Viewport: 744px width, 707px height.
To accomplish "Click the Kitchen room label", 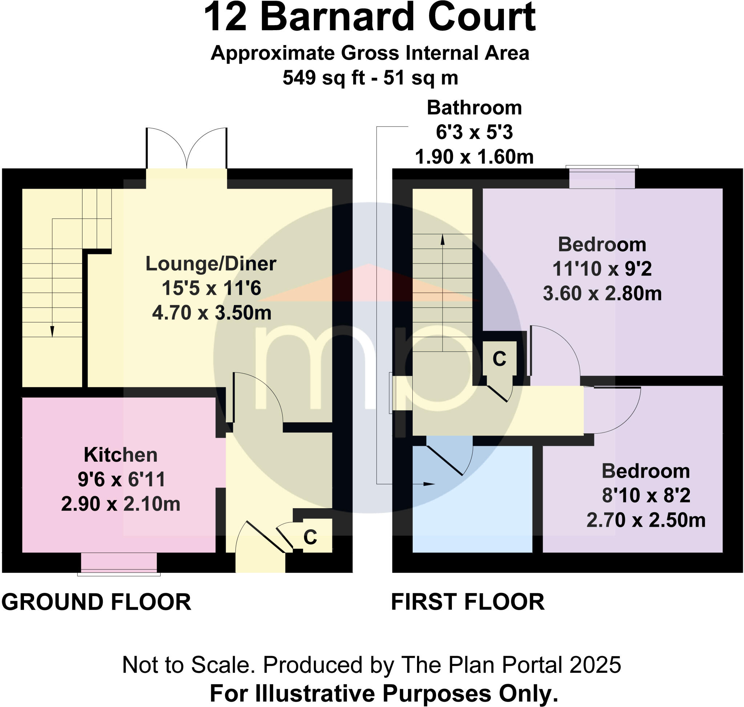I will [121, 455].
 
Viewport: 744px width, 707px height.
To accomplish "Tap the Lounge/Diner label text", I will [211, 264].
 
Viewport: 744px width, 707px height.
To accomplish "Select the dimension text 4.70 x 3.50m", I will [211, 313].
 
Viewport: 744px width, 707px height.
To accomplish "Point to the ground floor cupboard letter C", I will [310, 537].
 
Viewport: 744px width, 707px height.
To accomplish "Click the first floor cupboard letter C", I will [499, 359].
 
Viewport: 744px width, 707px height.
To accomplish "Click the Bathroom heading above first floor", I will [474, 108].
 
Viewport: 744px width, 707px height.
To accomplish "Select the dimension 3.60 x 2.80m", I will [602, 293].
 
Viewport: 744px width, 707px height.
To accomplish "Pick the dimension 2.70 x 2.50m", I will [646, 520].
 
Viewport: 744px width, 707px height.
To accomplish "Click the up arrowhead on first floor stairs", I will [442, 240].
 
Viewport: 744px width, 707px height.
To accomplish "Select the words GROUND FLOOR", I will [96, 602].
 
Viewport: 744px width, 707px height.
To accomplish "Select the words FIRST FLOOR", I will [468, 602].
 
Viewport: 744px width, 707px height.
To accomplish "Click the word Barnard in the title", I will [337, 17].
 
